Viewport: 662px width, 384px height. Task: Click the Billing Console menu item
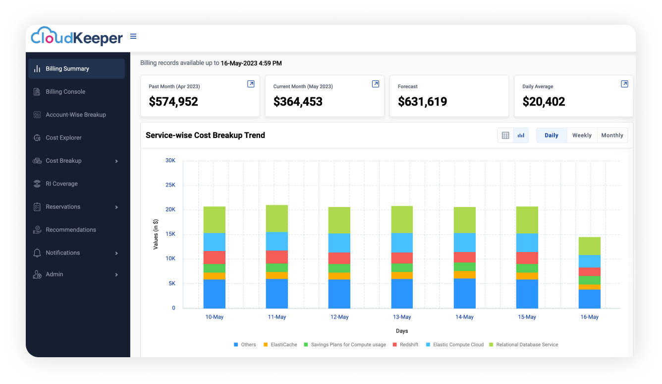point(65,92)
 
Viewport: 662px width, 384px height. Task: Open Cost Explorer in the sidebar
point(63,138)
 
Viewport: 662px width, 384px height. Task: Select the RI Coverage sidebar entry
point(61,184)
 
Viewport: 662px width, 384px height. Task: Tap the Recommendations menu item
point(71,230)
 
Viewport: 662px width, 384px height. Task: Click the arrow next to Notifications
point(116,253)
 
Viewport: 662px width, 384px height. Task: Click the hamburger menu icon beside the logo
point(133,36)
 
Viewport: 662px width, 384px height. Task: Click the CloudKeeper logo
point(77,37)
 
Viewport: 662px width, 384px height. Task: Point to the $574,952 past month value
point(173,102)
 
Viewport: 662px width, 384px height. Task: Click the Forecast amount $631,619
point(422,102)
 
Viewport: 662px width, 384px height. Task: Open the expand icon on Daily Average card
point(624,84)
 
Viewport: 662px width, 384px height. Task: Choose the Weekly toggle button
point(582,135)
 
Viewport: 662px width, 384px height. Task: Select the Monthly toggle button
point(612,135)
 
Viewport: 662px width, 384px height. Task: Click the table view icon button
point(505,135)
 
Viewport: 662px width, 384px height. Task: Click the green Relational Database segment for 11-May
point(277,218)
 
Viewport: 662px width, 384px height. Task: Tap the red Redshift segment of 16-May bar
point(590,272)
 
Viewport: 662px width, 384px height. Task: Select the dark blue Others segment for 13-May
point(402,294)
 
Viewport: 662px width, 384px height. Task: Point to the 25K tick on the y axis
point(170,185)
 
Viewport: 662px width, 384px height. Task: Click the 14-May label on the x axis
point(464,317)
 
